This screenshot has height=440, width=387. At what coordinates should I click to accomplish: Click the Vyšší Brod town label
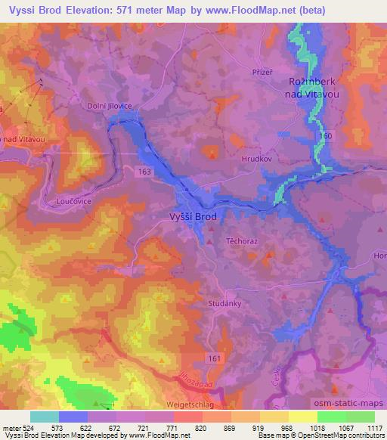click(x=191, y=216)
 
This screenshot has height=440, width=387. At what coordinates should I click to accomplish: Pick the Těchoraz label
click(x=242, y=240)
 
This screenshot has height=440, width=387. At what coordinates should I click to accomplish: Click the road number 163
click(x=144, y=172)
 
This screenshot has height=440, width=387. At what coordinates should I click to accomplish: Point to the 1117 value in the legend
click(x=374, y=428)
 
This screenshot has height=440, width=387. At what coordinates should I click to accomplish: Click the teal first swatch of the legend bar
click(x=45, y=417)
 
